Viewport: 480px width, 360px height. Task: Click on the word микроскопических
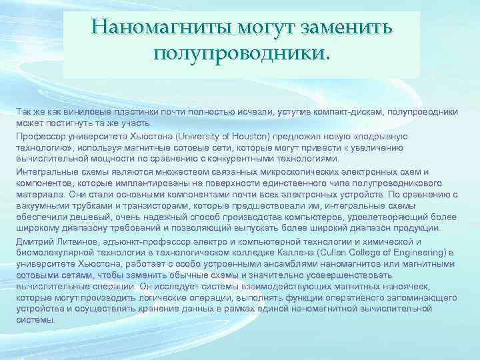tap(259, 171)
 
